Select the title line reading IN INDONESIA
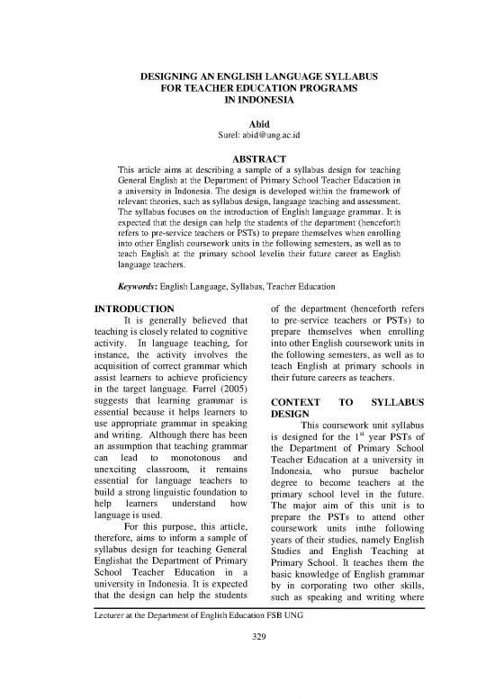[x=247, y=104]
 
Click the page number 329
[x=247, y=676]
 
